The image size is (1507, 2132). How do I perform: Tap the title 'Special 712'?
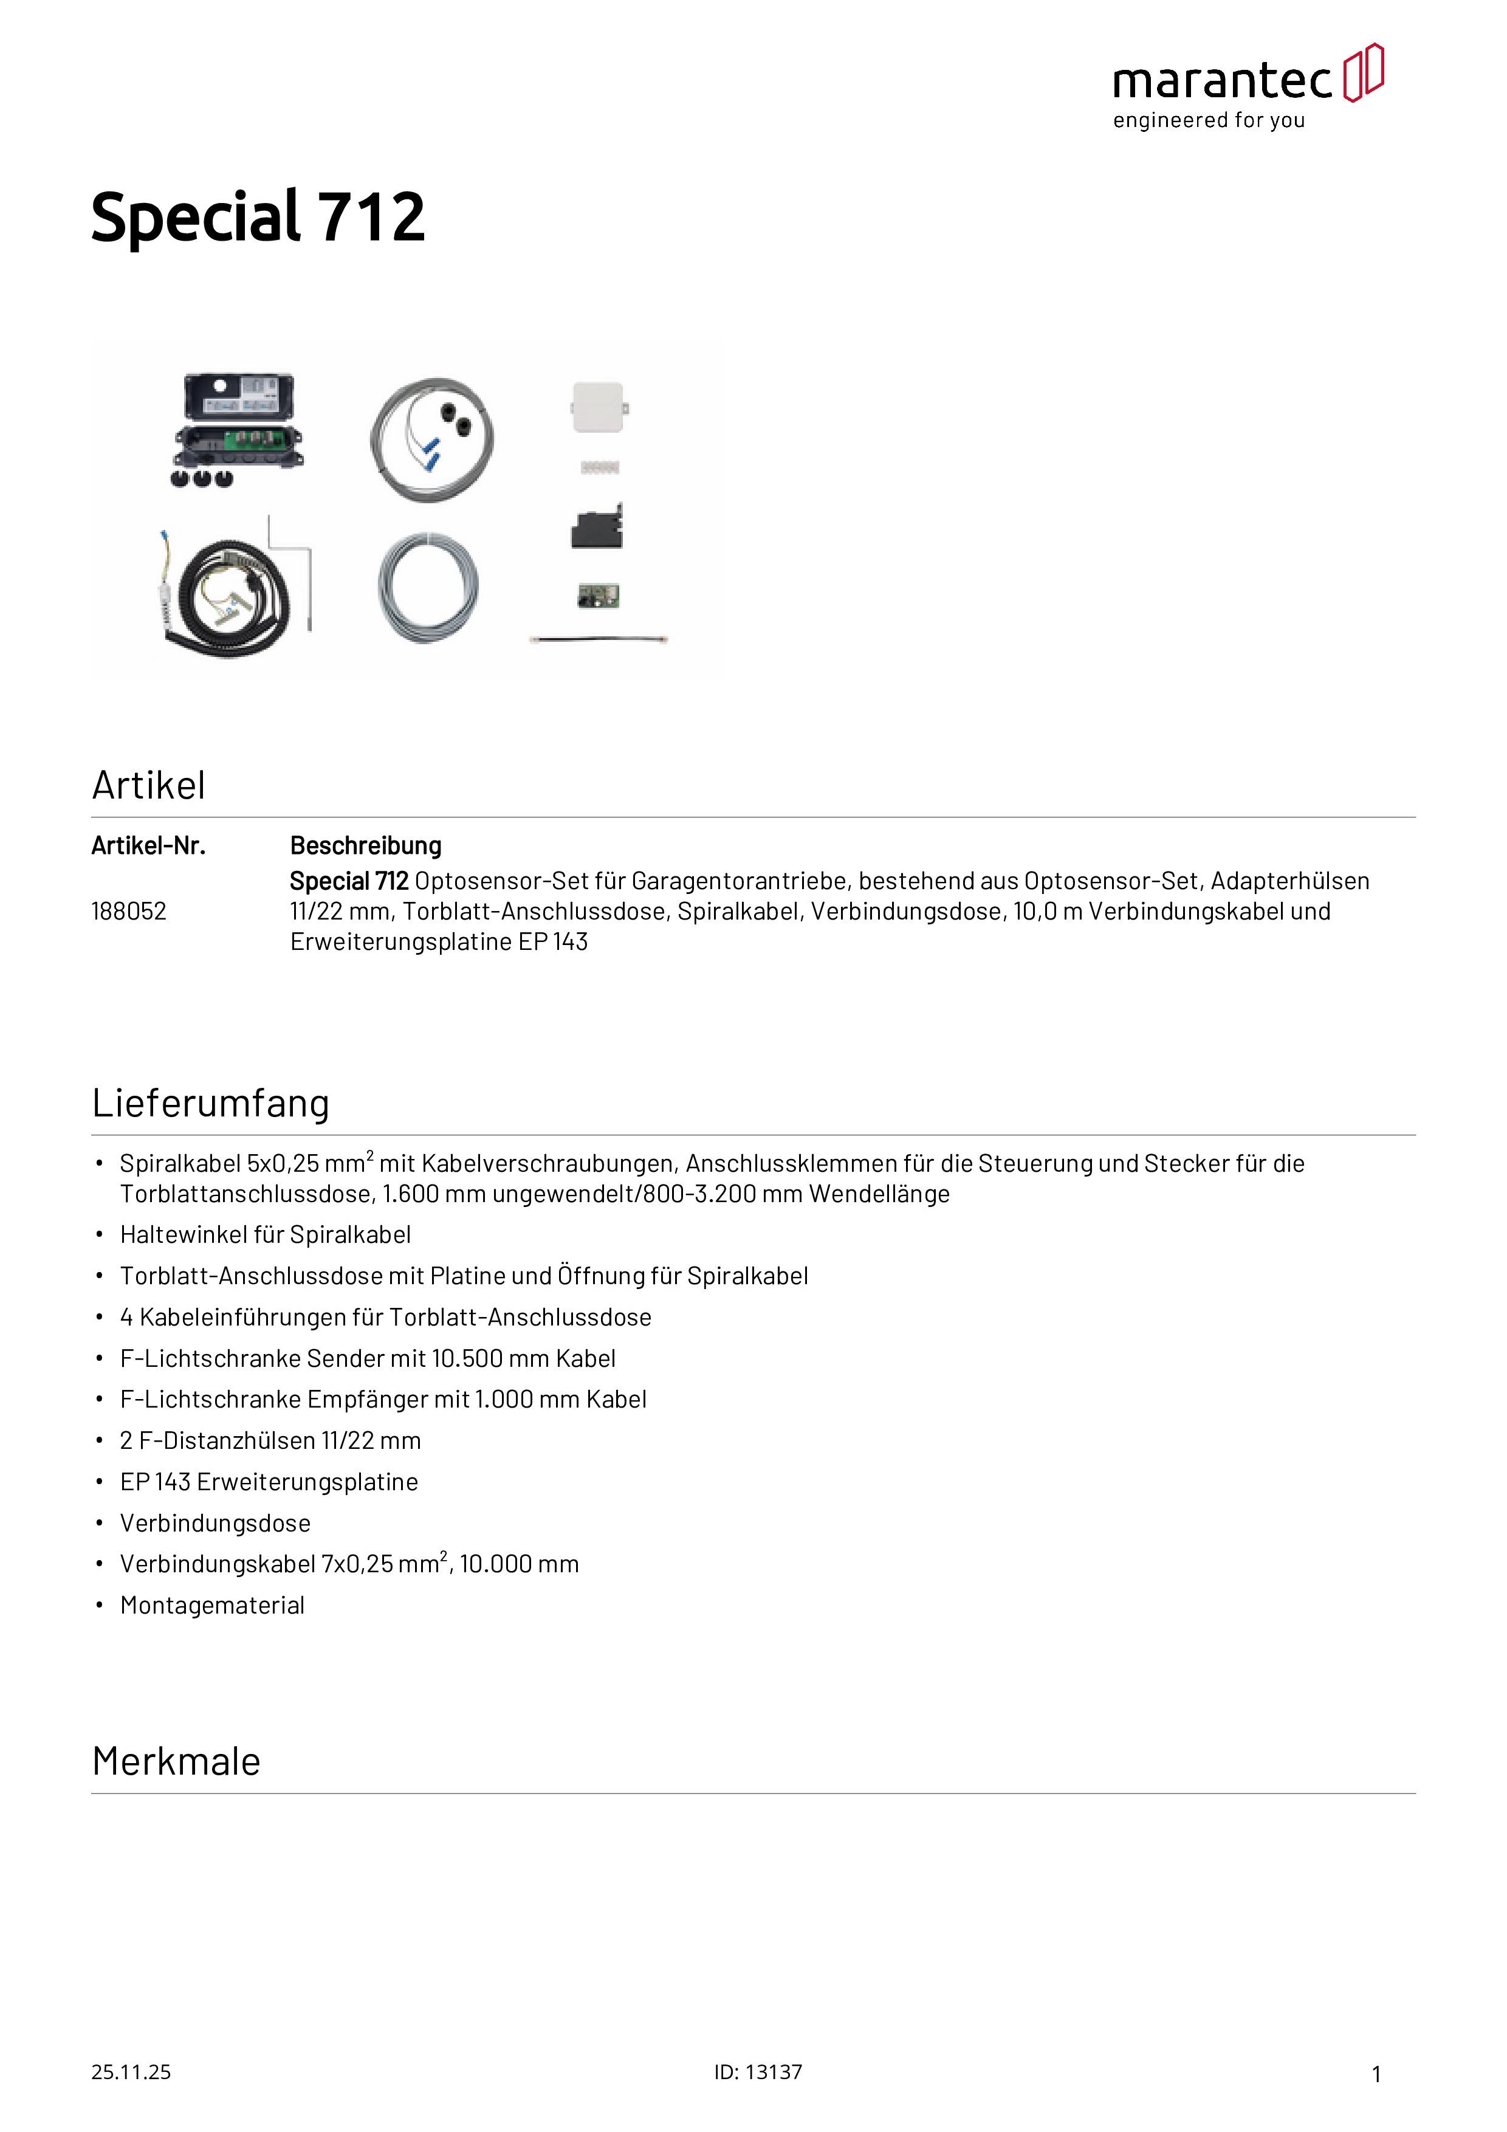258,218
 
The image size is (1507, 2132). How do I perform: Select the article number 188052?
129,911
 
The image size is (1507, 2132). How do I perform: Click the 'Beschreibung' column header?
366,846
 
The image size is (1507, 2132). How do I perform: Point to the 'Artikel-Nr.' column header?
148,846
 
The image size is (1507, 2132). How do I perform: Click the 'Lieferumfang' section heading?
211,1103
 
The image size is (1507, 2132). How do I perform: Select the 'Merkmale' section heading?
176,1761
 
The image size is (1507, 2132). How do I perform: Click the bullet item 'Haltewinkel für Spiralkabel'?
266,1234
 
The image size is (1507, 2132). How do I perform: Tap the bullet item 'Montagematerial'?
213,1606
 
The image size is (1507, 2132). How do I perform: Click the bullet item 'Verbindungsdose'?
216,1523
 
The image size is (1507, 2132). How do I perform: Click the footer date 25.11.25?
131,2072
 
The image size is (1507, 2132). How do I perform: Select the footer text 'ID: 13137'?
758,2072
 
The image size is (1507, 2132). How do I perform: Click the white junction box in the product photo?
598,408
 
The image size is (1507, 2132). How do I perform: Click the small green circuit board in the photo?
598,595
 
